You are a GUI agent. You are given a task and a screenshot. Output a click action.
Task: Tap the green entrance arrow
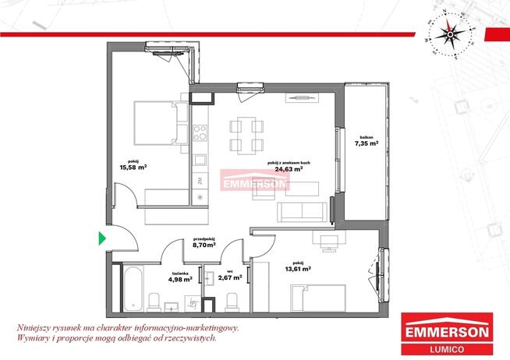point(101,238)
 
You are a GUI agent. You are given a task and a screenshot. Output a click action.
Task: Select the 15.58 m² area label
point(133,166)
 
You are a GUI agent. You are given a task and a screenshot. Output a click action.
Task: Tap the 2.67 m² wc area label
point(230,277)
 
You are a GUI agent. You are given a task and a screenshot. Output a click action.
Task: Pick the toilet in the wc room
point(232,300)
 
